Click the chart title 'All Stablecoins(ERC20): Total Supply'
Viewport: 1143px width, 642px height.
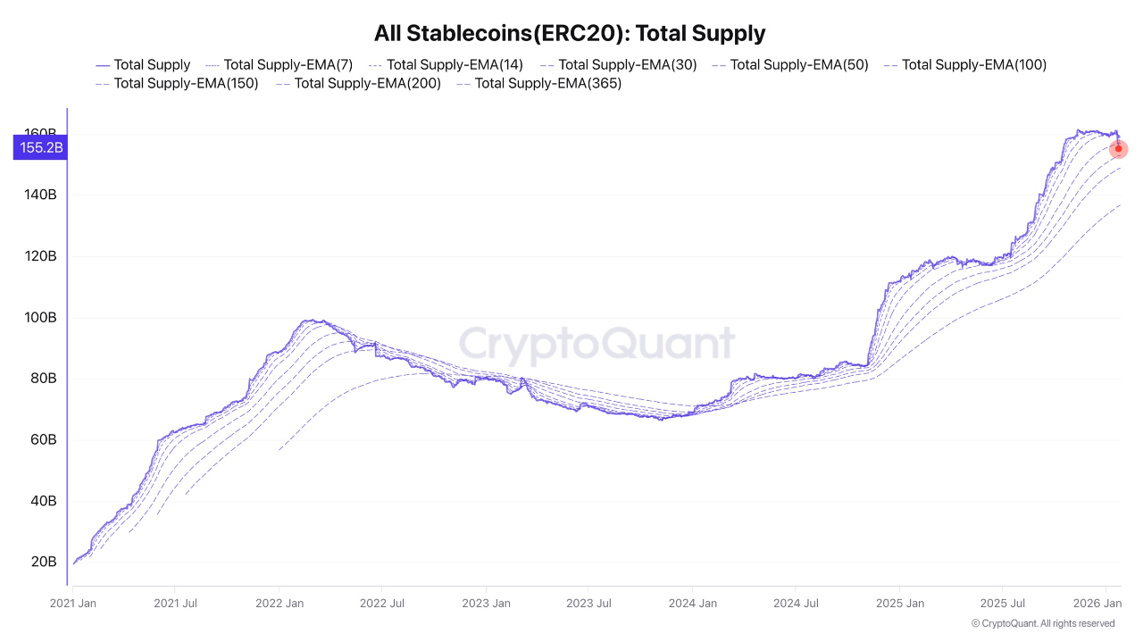pos(570,34)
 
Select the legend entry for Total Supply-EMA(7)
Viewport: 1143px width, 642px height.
pos(279,64)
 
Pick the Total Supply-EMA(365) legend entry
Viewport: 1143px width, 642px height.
pos(538,83)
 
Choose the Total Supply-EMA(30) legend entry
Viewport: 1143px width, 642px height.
pos(618,64)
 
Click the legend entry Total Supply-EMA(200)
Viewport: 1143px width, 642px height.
pos(358,83)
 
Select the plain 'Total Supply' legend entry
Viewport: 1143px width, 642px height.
pos(143,64)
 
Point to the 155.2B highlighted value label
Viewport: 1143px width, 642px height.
pos(41,148)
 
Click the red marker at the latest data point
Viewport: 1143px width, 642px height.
pos(1118,149)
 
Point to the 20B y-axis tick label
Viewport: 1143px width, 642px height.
pos(44,562)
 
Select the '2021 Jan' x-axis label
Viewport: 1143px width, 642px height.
pos(73,604)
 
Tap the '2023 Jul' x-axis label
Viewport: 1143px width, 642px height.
pos(590,604)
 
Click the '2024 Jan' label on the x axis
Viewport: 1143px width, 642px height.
pos(694,604)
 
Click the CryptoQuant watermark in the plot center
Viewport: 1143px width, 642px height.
pos(597,345)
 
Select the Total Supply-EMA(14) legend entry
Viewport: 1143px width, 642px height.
pos(446,64)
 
